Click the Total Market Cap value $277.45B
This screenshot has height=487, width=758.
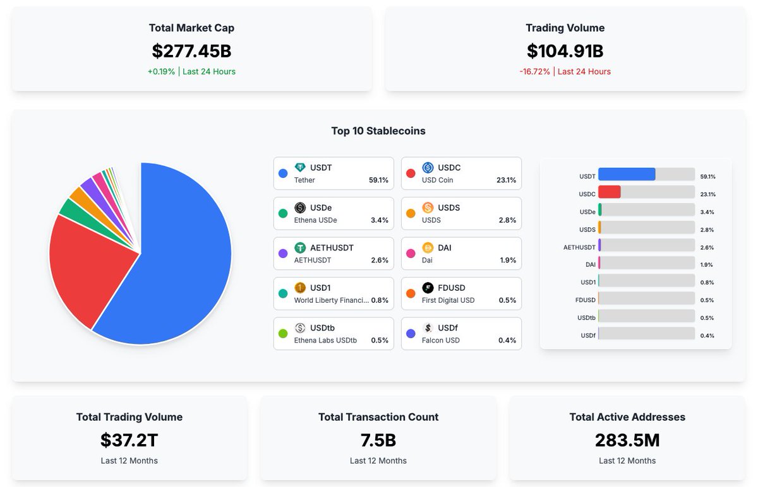pos(191,51)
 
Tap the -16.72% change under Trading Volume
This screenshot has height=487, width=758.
pos(535,72)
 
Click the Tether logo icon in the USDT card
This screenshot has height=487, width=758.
pos(300,168)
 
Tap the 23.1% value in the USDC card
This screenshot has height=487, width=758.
pos(506,180)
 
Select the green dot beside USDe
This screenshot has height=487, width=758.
pos(283,214)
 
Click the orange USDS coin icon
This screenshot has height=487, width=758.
pos(428,208)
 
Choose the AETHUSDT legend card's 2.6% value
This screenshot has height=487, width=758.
pos(379,261)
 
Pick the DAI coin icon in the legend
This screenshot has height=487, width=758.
pos(428,248)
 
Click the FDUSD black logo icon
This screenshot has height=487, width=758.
pos(428,288)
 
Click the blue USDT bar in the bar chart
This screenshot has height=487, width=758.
pos(627,175)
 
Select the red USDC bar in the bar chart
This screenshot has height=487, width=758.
pos(610,192)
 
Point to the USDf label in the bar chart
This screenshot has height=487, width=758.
pos(587,336)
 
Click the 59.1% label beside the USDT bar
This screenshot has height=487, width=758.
pos(707,177)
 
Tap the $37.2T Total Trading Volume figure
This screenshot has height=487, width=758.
pos(129,440)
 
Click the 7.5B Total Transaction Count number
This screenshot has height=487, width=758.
pos(378,440)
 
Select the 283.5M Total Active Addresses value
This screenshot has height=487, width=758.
pos(627,440)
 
